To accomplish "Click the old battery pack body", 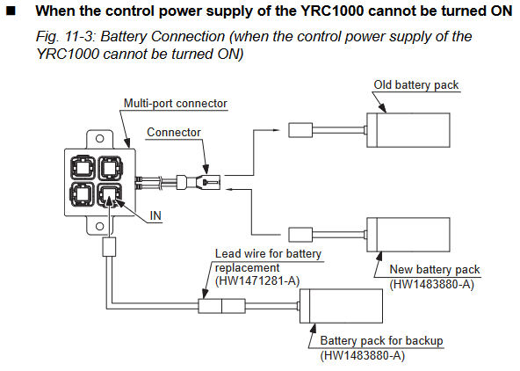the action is click(408, 130).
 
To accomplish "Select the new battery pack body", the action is click(408, 235).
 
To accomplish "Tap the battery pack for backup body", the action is click(341, 306).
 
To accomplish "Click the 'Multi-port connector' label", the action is click(176, 104).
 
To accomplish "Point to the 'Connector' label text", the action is click(174, 133).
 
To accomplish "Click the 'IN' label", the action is click(155, 215).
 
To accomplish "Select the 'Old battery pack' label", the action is click(416, 85).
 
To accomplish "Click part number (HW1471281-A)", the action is click(257, 281).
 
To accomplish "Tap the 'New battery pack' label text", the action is click(435, 269).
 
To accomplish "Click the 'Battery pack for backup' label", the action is click(382, 341).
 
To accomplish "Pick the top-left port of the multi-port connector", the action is click(83, 168).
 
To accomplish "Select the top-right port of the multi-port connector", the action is click(110, 168).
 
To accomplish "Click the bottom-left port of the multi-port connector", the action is click(83, 194).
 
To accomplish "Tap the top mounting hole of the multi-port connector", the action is click(99, 138).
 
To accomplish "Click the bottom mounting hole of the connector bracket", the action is click(99, 226).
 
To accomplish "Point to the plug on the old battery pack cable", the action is click(300, 130).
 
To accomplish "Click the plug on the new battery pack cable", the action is click(300, 235).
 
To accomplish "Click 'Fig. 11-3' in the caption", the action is click(65, 37).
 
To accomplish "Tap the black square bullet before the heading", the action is click(11, 11).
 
